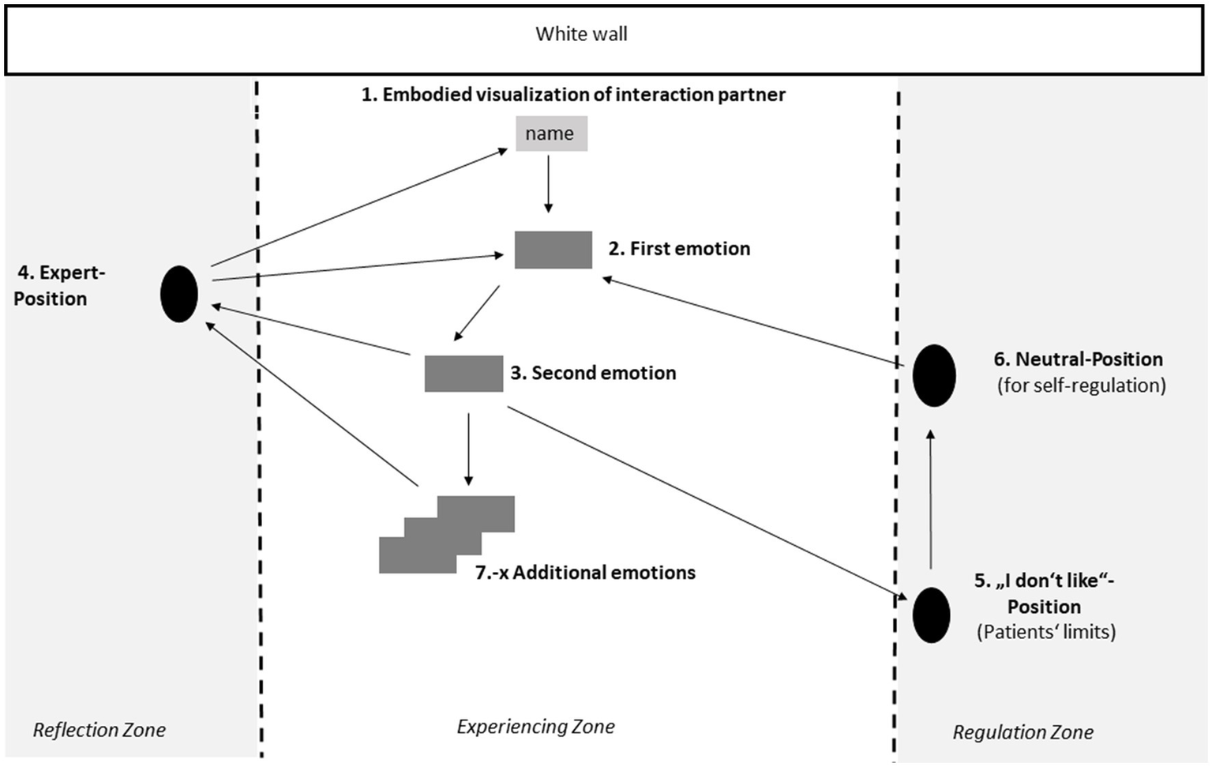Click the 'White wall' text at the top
tap(581, 34)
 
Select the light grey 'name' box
tap(551, 133)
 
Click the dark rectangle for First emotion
tap(553, 250)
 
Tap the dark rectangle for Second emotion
tap(463, 374)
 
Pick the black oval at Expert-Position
tap(179, 294)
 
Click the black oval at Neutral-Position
tap(934, 375)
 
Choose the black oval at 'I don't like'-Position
tap(931, 615)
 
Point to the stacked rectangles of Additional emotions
tap(447, 534)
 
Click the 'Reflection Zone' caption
tap(99, 730)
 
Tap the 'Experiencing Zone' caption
tap(535, 727)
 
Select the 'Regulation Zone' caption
tap(1023, 732)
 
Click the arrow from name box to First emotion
tap(548, 183)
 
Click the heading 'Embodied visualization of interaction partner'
tap(573, 95)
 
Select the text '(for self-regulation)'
tap(1081, 385)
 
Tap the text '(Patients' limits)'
tap(1045, 632)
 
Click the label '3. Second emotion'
tap(593, 373)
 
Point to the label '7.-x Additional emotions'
tap(585, 573)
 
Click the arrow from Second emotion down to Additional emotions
tap(468, 448)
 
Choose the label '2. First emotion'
tap(679, 249)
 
